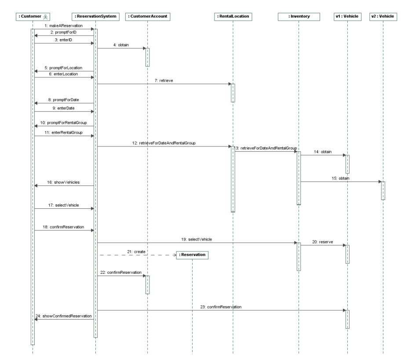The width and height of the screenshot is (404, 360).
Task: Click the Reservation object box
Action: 193,255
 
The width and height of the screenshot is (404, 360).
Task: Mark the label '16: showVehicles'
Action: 64,182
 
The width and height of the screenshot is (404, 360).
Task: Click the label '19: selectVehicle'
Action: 197,240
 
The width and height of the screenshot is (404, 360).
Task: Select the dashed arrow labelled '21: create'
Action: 138,255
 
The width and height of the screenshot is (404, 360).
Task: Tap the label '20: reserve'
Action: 323,243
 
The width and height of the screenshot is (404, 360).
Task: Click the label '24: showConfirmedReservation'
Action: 64,316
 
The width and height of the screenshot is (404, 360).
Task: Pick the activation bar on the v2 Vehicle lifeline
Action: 383,190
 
